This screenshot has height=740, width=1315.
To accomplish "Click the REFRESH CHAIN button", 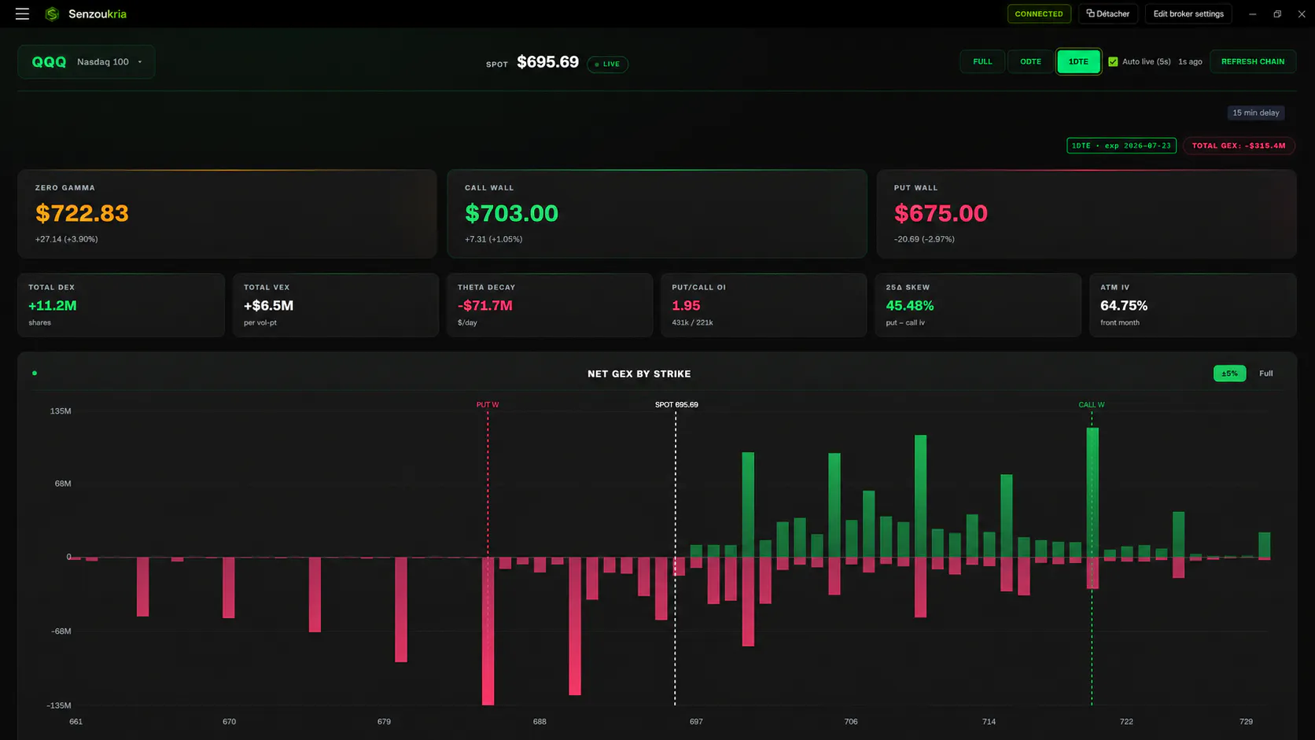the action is (1253, 61).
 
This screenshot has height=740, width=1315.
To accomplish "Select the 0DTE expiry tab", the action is (1030, 61).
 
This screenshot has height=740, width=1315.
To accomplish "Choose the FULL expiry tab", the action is (982, 61).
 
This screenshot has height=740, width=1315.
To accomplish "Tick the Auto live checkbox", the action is (1113, 61).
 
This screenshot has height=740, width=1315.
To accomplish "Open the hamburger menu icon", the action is (22, 14).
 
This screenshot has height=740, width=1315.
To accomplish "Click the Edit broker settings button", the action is (1188, 14).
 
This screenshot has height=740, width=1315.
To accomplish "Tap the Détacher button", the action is (1108, 14).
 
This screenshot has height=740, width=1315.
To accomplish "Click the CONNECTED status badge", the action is (1038, 14).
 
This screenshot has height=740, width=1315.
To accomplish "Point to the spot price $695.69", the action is (547, 62).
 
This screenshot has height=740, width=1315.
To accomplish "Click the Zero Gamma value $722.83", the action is (82, 213).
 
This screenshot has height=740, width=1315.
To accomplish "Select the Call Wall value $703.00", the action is (511, 213).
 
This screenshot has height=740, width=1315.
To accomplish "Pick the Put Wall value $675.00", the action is (941, 213).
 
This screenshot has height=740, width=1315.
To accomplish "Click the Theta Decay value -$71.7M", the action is (485, 306).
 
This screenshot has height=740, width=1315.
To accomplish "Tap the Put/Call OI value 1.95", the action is (686, 306).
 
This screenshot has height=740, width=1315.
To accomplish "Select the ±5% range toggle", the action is (1229, 374).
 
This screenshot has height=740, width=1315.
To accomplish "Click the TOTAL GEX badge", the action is (1239, 145).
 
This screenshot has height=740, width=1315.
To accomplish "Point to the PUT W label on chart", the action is (488, 405).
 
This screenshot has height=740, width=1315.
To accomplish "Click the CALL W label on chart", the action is (1092, 405).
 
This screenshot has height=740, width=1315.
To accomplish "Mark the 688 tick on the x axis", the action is (540, 722).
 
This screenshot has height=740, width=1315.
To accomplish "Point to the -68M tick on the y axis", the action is (61, 631).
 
